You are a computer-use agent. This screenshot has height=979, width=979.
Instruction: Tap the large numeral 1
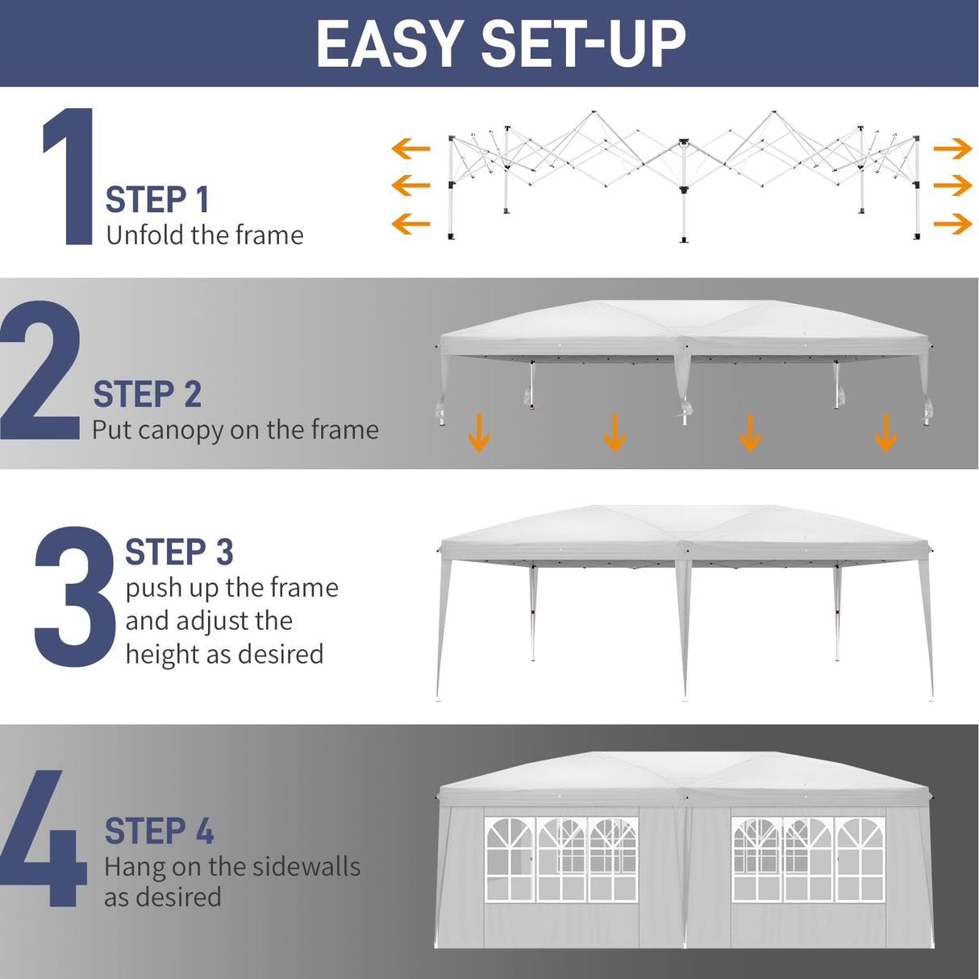pyautogui.click(x=71, y=177)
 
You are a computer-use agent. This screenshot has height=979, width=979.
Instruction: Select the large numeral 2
pyautogui.click(x=40, y=371)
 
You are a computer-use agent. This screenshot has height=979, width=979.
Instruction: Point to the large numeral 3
pyautogui.click(x=74, y=597)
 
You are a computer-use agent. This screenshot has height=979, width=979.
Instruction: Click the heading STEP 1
pyautogui.click(x=157, y=200)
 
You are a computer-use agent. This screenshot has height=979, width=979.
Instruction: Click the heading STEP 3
pyautogui.click(x=179, y=552)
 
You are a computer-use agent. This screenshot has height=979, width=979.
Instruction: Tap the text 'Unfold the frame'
pyautogui.click(x=205, y=235)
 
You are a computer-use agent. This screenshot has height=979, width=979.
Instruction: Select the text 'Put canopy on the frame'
pyautogui.click(x=235, y=430)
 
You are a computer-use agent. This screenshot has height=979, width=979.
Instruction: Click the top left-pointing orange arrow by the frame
pyautogui.click(x=410, y=148)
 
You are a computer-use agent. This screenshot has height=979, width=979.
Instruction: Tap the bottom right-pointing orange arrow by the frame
pyautogui.click(x=952, y=223)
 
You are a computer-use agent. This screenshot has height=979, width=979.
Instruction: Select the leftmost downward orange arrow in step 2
pyautogui.click(x=479, y=432)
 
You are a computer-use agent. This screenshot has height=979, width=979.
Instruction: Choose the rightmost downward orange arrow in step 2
pyautogui.click(x=885, y=432)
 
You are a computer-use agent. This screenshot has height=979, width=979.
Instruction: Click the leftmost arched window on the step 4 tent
pyautogui.click(x=510, y=859)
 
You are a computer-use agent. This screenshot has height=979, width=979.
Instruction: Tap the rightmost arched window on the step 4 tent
pyautogui.click(x=860, y=859)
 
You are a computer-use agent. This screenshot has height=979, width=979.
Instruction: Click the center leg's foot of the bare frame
pyautogui.click(x=684, y=239)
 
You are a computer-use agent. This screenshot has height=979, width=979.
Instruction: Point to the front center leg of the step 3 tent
pyautogui.click(x=685, y=629)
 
